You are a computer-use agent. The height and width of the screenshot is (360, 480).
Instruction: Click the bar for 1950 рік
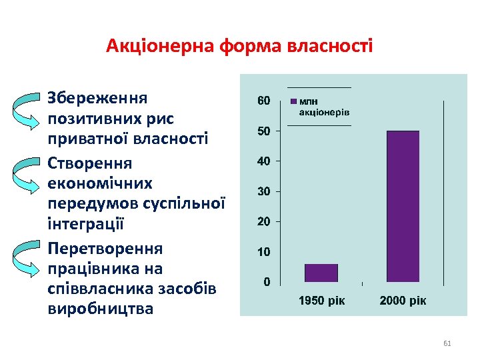tap(321, 273)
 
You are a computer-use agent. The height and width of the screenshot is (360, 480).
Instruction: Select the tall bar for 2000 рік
tap(403, 206)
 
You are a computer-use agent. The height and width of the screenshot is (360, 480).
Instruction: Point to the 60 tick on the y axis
tap(264, 101)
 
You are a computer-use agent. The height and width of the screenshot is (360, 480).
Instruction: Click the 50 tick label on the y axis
tap(264, 131)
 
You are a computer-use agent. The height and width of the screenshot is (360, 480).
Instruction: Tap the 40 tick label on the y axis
tap(264, 161)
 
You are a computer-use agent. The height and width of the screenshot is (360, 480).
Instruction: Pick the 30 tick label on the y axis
tap(264, 191)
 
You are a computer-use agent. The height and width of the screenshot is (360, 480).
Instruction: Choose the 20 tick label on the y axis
tap(264, 221)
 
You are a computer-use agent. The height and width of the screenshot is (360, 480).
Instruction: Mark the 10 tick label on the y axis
tap(264, 252)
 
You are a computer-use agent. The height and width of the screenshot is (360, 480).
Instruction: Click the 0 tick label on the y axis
tap(267, 282)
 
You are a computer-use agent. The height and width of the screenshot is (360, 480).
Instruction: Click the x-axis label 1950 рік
tap(322, 301)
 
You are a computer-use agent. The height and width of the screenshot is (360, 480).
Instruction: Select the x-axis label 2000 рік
tap(403, 301)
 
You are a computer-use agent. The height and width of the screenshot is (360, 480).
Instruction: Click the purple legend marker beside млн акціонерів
tap(293, 102)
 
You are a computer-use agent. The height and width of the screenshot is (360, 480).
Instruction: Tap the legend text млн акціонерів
tap(324, 107)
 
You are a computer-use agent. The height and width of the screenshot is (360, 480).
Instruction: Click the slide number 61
tap(447, 343)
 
